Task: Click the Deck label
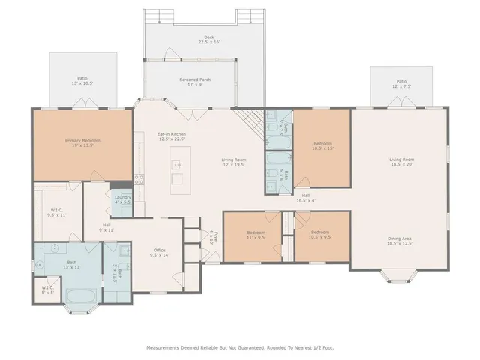click(208, 40)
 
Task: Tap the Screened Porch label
click(194, 81)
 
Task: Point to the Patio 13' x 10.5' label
click(82, 79)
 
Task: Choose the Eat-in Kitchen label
click(171, 136)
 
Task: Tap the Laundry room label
click(122, 199)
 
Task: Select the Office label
click(159, 253)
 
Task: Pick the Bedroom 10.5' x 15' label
click(322, 145)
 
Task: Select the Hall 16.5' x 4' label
click(306, 198)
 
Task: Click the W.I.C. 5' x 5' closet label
click(48, 290)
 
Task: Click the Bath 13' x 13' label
click(71, 265)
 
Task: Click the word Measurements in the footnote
click(162, 347)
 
